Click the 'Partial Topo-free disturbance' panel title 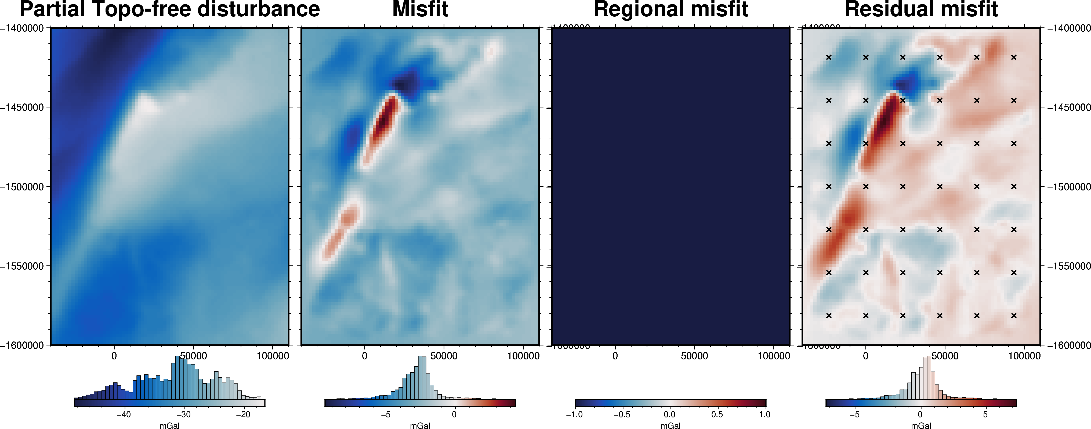169,9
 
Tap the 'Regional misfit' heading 671,9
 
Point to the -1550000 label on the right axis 1068,266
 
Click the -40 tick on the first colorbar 124,414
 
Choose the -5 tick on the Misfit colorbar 385,414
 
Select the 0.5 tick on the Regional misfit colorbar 717,414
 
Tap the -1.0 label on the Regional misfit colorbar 574,414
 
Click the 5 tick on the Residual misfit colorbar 985,414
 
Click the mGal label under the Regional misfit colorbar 670,426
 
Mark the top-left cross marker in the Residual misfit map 829,57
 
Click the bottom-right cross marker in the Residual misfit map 1013,315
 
